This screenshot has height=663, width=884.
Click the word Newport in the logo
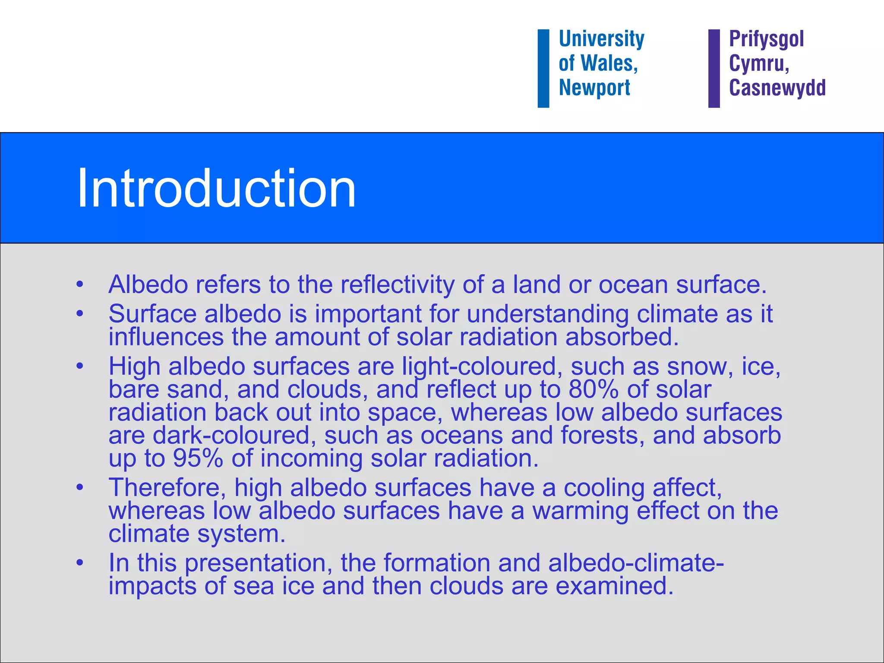click(x=594, y=88)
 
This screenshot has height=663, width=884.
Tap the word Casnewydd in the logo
click(x=777, y=88)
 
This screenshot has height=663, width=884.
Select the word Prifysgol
click(x=766, y=39)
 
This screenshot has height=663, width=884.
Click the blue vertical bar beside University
click(x=543, y=68)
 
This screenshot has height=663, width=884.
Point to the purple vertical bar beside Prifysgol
click(x=714, y=68)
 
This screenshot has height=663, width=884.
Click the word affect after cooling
click(x=687, y=488)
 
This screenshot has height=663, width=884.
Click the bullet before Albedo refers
click(x=79, y=285)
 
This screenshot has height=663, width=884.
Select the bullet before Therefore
click(x=79, y=488)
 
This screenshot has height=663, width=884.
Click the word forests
click(x=603, y=435)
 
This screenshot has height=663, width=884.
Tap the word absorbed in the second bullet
click(x=622, y=337)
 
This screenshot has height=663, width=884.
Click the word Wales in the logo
click(x=609, y=63)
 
